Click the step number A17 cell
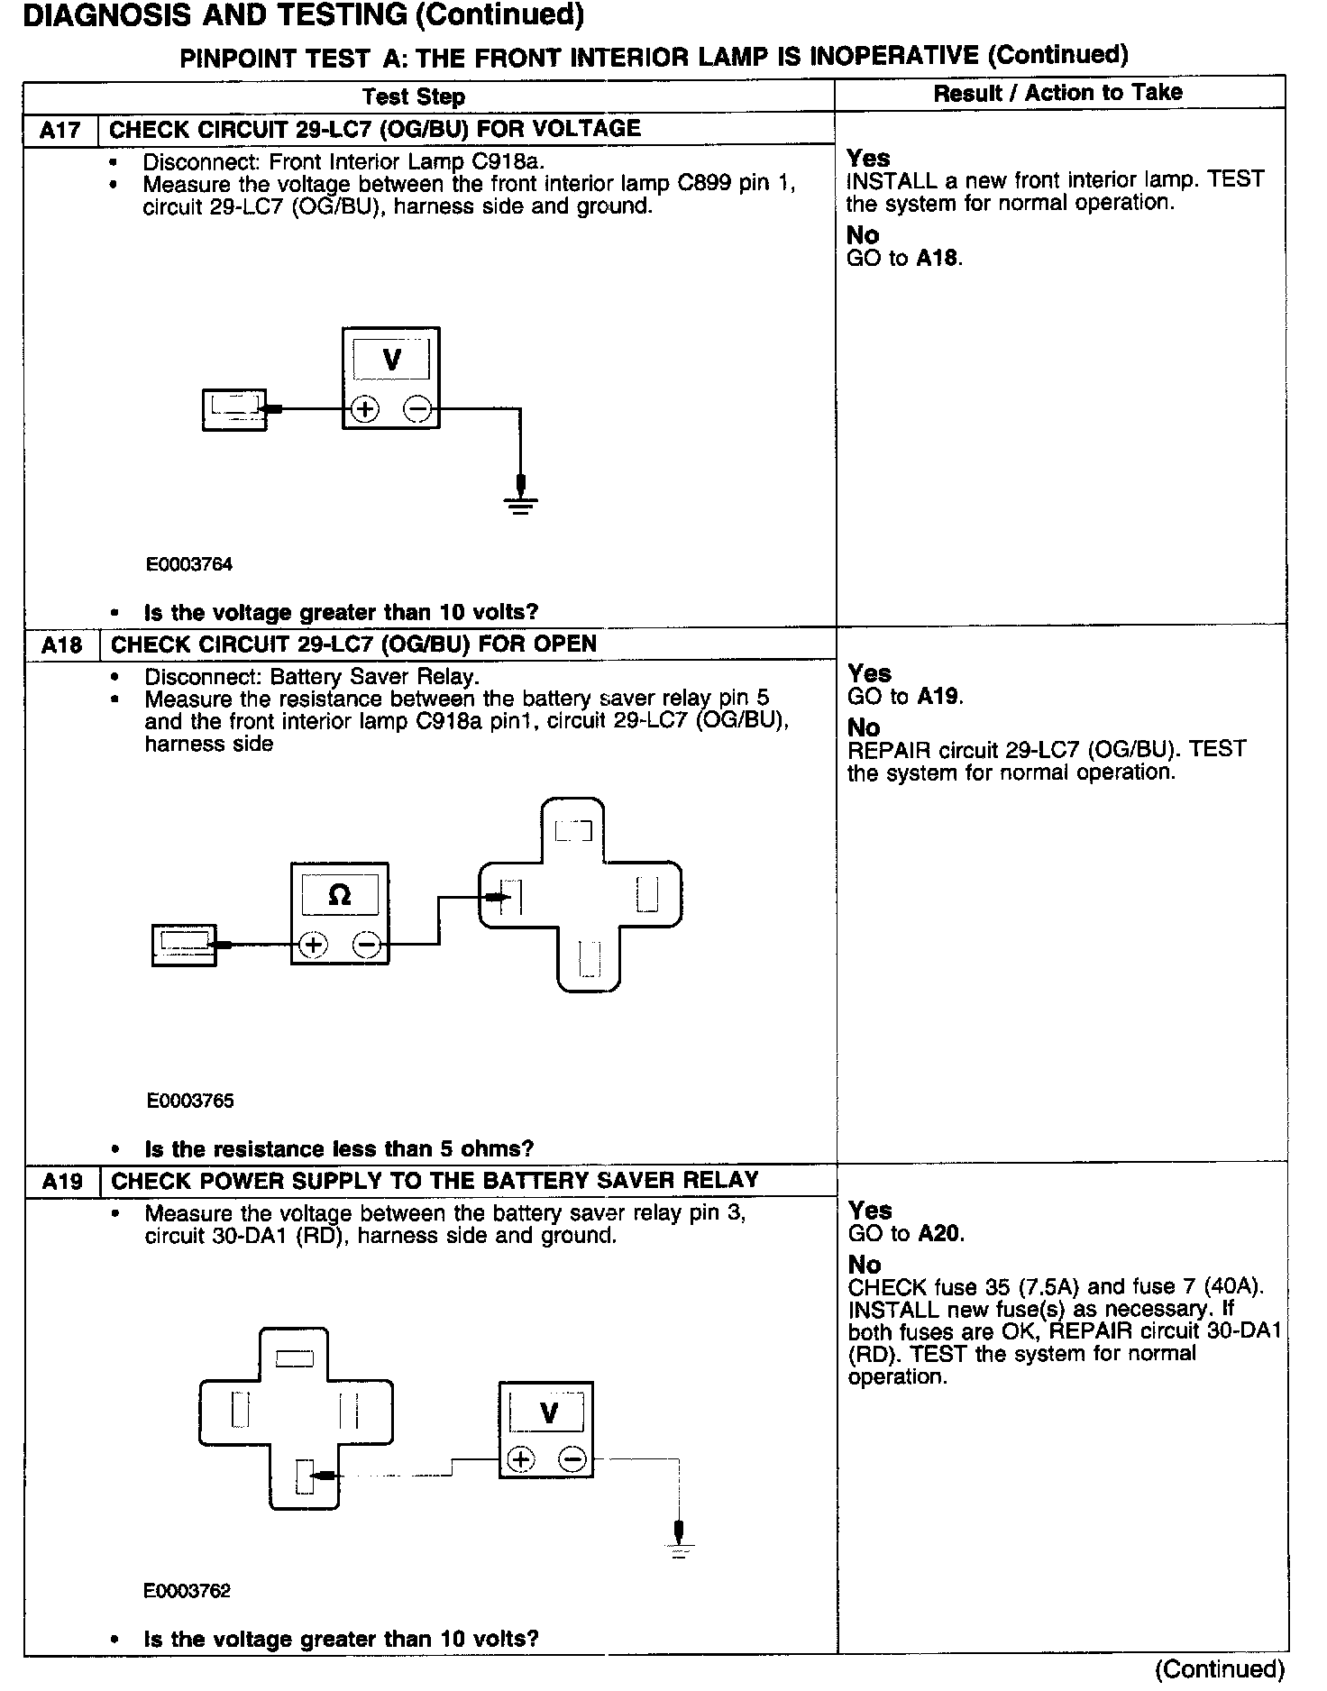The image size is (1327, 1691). pos(60,130)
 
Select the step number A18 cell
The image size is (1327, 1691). pos(61,644)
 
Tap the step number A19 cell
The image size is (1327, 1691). pos(61,1181)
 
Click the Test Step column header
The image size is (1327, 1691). pos(414,96)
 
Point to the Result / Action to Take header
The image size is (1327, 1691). pos(1057,93)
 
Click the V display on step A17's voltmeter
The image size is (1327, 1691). pos(391,361)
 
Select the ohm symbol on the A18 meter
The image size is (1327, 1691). pos(340,894)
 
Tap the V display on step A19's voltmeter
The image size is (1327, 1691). pos(548,1412)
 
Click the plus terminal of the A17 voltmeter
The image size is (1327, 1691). pos(364,409)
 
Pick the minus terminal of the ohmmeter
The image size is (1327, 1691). pos(367,945)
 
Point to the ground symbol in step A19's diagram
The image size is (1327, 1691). pos(680,1550)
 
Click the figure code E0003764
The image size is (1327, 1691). pos(189,564)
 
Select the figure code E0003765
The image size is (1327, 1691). pos(190,1101)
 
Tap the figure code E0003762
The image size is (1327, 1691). pos(188,1591)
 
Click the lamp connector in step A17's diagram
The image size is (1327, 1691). pos(234,409)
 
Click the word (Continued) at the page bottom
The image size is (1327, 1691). pos(1219,1668)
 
